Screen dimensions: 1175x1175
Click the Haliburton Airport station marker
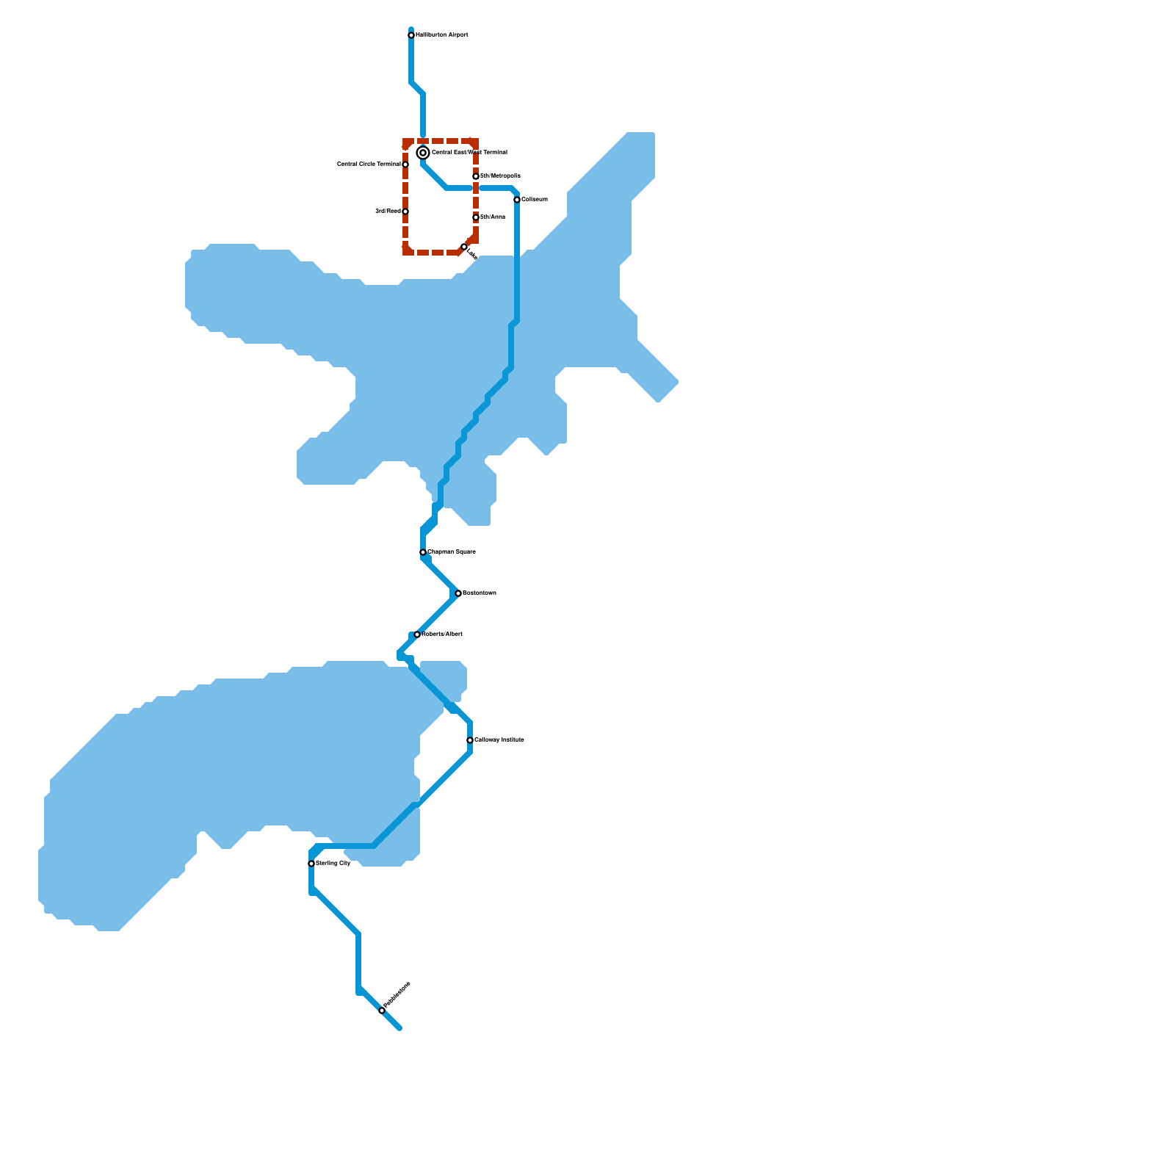411,35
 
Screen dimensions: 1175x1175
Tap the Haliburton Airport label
441,35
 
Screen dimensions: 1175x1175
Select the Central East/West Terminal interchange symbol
423,153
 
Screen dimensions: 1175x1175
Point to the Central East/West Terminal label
469,153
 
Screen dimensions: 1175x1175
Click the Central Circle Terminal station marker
405,164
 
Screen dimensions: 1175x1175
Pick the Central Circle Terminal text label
369,164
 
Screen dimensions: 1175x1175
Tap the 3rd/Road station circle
405,211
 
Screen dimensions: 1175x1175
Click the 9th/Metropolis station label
500,176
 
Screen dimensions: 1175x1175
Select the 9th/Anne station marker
476,217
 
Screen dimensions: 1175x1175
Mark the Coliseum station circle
517,200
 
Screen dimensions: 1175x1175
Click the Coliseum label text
535,200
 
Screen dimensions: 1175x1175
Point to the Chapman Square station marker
423,552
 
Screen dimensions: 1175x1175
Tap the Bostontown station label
480,593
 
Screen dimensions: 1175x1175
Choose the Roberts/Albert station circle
417,634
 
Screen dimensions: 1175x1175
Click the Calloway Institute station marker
470,740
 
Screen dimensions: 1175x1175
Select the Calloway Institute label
499,740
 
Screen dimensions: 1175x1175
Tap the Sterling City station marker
311,864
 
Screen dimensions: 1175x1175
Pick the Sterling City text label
333,864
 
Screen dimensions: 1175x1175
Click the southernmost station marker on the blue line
382,1010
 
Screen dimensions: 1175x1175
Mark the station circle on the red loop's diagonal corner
464,247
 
